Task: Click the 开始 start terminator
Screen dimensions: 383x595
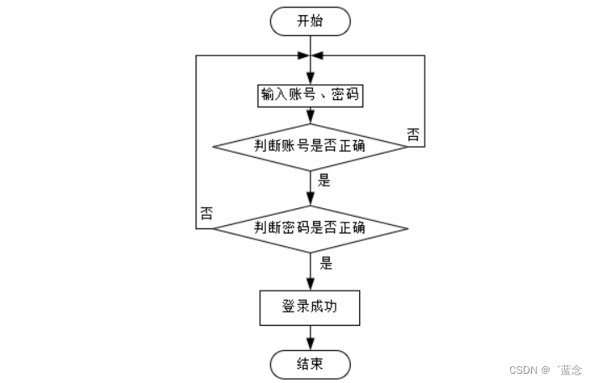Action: (310, 22)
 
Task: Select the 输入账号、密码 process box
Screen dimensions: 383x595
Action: (310, 94)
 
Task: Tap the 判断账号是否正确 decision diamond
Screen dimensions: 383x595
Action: (310, 146)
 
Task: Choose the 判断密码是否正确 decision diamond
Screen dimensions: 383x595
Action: (310, 228)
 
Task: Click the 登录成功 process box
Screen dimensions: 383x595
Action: (310, 307)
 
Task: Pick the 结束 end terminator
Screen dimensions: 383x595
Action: (310, 365)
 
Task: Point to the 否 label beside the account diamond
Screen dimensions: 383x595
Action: (413, 135)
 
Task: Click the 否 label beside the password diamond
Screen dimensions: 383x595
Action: (205, 213)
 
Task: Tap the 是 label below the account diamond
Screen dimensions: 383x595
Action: (326, 180)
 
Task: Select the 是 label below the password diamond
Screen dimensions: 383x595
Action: (326, 264)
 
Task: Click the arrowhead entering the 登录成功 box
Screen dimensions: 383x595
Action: (310, 285)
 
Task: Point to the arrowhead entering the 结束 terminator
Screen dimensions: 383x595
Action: (310, 345)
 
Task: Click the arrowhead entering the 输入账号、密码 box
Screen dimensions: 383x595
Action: (310, 77)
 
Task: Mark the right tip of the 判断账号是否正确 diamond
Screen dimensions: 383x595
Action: (407, 146)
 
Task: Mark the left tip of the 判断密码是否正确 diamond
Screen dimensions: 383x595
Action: (213, 228)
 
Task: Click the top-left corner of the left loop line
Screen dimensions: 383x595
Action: (196, 55)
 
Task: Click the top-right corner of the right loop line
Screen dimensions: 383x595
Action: (425, 55)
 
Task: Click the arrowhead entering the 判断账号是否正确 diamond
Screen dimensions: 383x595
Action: (310, 118)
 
